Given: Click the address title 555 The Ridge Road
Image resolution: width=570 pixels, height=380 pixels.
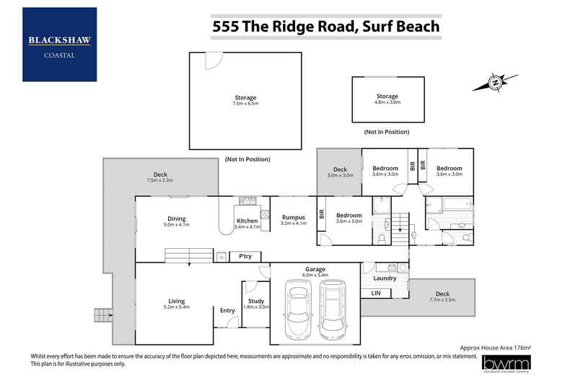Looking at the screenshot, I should pos(325,27).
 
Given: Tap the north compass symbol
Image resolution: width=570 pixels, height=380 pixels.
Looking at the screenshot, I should pos(496,83).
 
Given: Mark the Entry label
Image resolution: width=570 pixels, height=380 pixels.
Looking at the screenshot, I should pos(227,311).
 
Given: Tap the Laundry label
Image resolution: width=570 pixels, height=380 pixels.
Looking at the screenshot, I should pos(385,278).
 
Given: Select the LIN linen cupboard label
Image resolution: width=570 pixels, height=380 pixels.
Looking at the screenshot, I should pos(376,293).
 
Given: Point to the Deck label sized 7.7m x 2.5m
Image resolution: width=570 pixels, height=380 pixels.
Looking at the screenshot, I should pos(442,295).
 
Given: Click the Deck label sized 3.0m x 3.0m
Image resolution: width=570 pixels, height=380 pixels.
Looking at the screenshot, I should pos(338,171).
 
